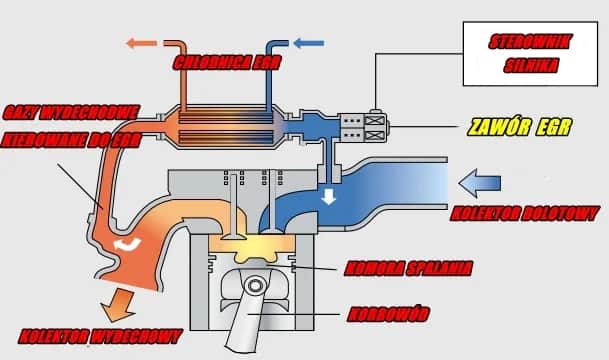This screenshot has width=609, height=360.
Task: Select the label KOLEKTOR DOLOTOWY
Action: tap(526, 213)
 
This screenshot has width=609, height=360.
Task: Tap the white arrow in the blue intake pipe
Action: tap(327, 197)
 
